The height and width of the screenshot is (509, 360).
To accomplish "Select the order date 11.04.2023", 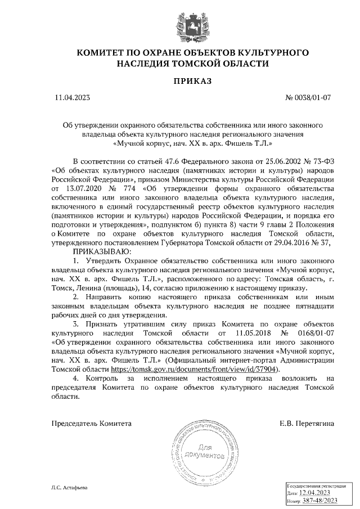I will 73,98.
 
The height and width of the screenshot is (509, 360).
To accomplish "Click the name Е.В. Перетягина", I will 307,422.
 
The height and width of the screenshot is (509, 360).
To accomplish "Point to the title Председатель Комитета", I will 92,422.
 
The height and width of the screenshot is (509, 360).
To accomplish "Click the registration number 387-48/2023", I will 318,499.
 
